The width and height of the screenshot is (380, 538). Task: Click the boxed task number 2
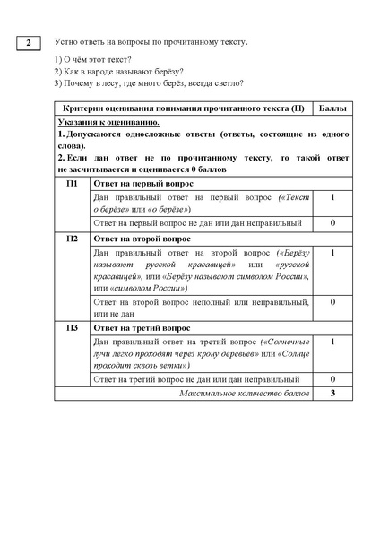pyautogui.click(x=29, y=42)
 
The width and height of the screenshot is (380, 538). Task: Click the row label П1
pyautogui.click(x=73, y=183)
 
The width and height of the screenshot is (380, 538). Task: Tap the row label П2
pyautogui.click(x=73, y=239)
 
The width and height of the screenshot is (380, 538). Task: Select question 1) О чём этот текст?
pyautogui.click(x=87, y=59)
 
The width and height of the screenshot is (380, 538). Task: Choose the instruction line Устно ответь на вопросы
pyautogui.click(x=150, y=42)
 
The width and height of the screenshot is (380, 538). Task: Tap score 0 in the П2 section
pyautogui.click(x=332, y=302)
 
